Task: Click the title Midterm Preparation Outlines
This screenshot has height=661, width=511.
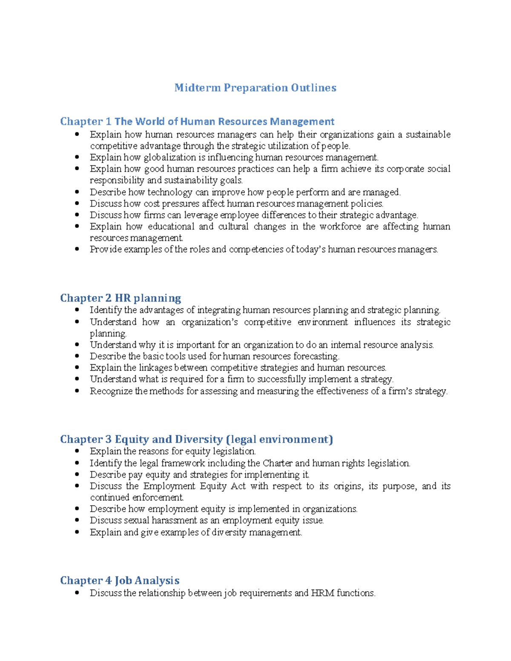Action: (x=255, y=88)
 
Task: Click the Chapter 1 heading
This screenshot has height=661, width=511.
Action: (x=197, y=122)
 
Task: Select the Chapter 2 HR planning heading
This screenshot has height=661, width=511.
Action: (x=121, y=298)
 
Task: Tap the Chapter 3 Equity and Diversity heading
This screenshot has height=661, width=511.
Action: (x=196, y=439)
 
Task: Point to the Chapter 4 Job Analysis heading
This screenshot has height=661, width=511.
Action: (x=120, y=581)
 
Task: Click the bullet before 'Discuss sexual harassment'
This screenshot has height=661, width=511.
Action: (x=77, y=520)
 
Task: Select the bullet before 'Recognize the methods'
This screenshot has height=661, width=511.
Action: (x=77, y=391)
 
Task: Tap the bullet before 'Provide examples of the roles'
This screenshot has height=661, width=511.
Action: (x=77, y=249)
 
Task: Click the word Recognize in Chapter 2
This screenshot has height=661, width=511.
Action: (x=111, y=391)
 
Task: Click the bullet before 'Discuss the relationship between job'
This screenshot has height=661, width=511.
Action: (x=77, y=593)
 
